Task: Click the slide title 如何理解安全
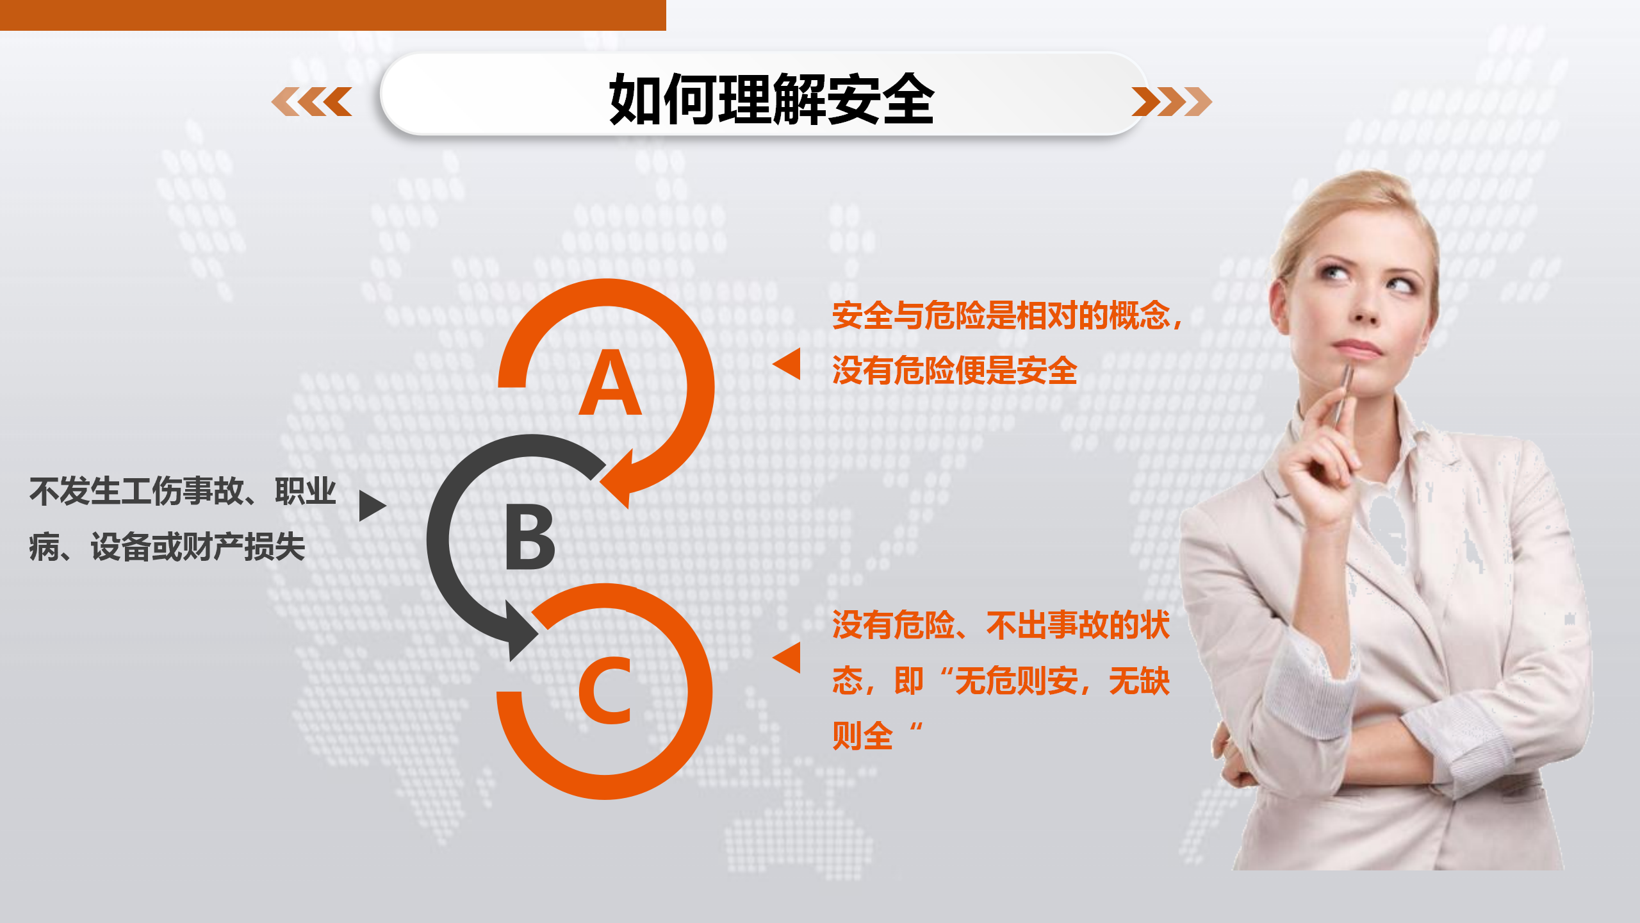coord(771,99)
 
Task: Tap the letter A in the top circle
coord(610,383)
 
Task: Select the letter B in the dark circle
coord(530,537)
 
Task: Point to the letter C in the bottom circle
coord(605,690)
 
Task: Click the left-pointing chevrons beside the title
coord(312,101)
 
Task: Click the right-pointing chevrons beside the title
coord(1172,101)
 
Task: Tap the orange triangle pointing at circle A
coord(787,364)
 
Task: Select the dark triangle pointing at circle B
coord(373,506)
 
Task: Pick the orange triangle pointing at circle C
coord(787,658)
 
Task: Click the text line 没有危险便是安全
coord(955,370)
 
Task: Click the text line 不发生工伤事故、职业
coord(183,492)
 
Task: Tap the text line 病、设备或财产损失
coord(167,547)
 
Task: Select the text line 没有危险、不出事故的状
coord(1001,625)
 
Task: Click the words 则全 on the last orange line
coord(862,736)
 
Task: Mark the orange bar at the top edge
coord(333,15)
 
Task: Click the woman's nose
coord(1366,307)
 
